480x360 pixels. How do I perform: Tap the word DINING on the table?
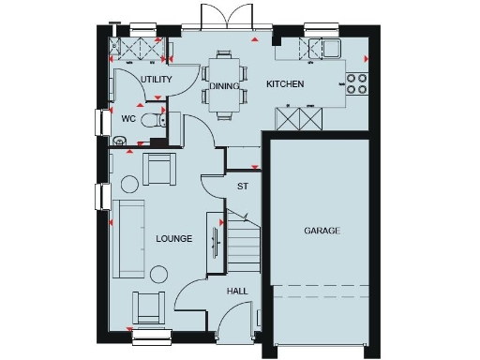click(x=225, y=86)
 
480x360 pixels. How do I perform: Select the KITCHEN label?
click(x=285, y=85)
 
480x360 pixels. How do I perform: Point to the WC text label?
click(x=129, y=119)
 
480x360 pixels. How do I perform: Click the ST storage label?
click(x=242, y=187)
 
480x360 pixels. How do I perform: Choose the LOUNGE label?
click(x=173, y=239)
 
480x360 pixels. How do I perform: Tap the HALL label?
click(x=237, y=292)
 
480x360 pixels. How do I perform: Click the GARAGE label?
click(x=322, y=231)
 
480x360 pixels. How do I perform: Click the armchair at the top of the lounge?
click(x=158, y=169)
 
